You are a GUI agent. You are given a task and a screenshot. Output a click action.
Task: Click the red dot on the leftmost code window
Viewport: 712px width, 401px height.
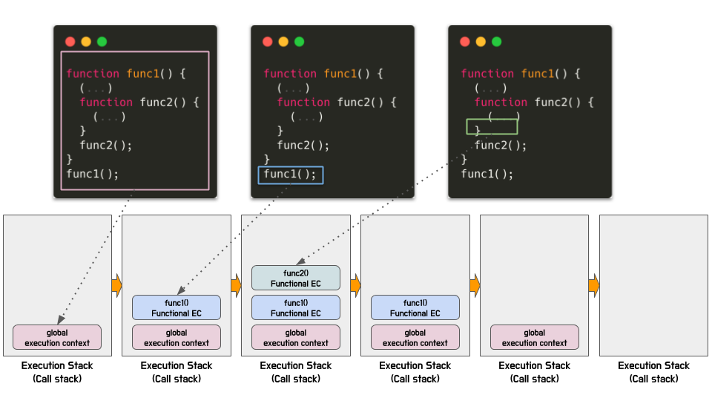click(x=70, y=42)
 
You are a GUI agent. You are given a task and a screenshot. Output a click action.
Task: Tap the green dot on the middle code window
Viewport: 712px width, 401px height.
click(x=300, y=42)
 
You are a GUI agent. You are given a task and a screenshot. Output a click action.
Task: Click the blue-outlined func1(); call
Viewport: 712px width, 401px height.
click(x=291, y=175)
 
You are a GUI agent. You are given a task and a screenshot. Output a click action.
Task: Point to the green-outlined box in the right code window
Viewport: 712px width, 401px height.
click(x=492, y=126)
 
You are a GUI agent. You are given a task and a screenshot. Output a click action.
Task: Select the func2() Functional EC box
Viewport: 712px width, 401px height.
click(x=296, y=278)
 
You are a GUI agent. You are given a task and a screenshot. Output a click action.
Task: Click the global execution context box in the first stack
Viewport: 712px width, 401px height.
click(x=57, y=338)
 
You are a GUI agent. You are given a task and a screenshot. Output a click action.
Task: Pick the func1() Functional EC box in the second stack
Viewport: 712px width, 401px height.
click(x=177, y=307)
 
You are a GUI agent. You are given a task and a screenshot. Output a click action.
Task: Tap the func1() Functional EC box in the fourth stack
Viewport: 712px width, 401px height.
click(x=415, y=307)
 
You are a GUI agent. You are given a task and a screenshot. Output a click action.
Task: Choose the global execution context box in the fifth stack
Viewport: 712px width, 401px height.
click(x=535, y=338)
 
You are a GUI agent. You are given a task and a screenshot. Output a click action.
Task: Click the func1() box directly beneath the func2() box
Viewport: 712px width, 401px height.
click(x=296, y=307)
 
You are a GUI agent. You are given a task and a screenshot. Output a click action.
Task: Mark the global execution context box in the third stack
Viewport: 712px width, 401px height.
click(x=296, y=338)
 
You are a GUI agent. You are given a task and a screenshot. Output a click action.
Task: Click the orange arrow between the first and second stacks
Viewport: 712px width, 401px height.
click(x=116, y=284)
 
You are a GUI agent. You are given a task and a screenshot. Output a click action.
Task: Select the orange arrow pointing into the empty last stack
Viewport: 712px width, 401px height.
click(x=594, y=284)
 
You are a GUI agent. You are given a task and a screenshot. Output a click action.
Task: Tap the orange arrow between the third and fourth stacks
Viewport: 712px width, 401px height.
click(x=355, y=284)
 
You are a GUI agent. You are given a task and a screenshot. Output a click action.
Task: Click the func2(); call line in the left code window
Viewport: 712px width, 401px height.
click(x=106, y=146)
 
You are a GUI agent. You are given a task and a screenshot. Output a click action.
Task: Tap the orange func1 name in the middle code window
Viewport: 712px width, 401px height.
click(x=340, y=74)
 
